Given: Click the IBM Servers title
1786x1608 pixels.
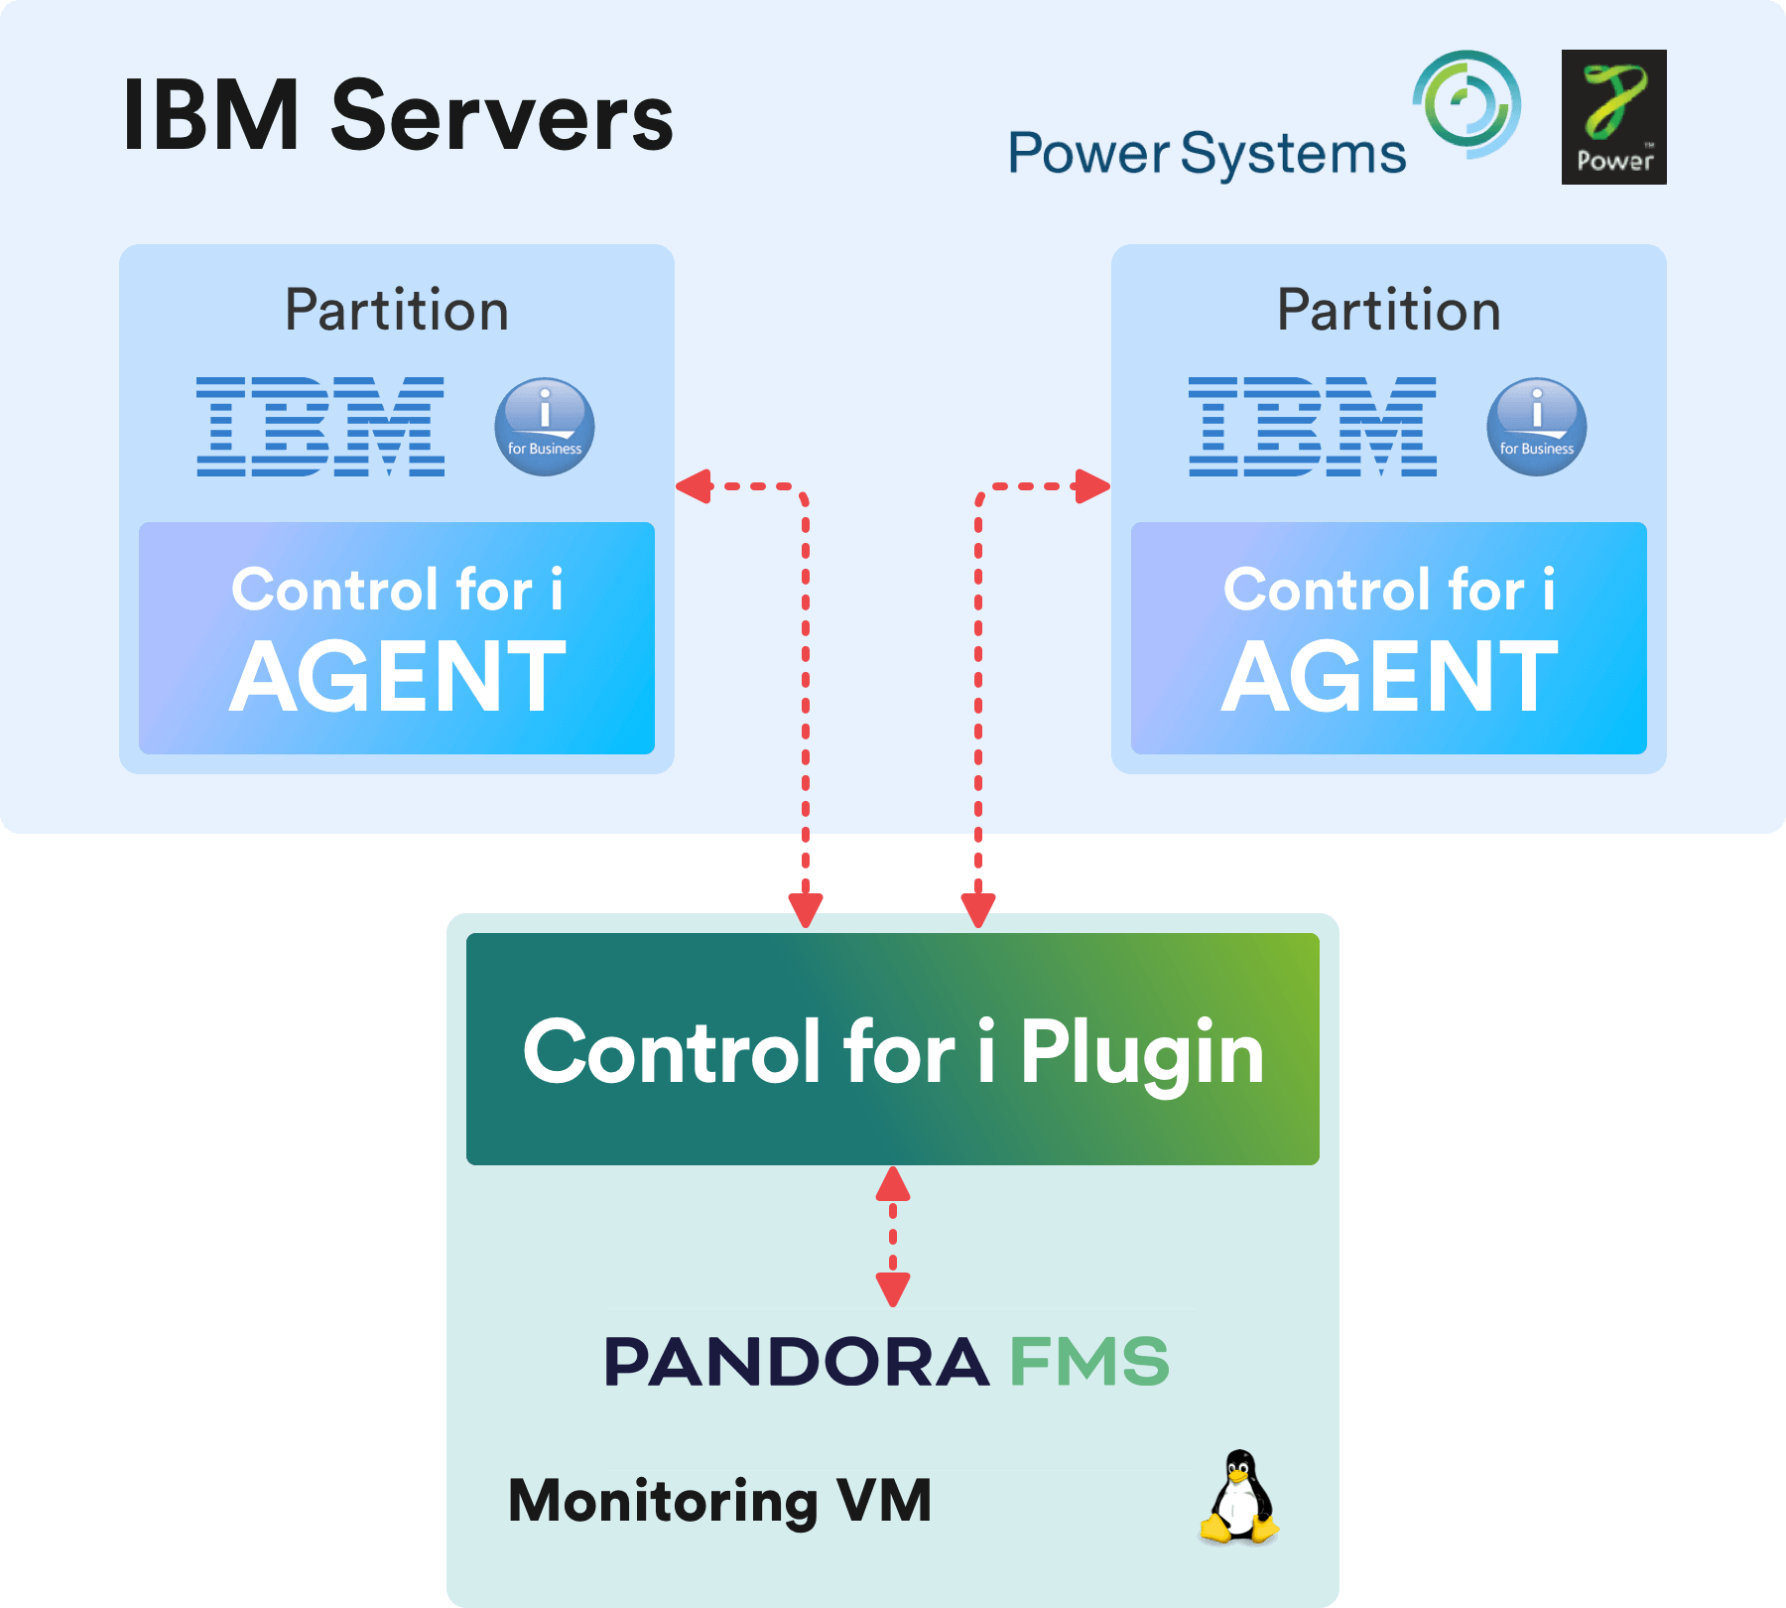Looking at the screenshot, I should pyautogui.click(x=397, y=117).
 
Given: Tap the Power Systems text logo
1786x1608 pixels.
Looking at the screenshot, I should pyautogui.click(x=1207, y=155).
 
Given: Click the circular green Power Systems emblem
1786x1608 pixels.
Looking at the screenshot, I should pyautogui.click(x=1467, y=104).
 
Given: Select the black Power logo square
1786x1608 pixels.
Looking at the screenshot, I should pyautogui.click(x=1613, y=117).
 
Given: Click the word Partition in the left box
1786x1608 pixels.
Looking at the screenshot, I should pyautogui.click(x=397, y=310).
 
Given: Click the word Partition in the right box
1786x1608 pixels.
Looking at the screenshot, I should pyautogui.click(x=1388, y=310).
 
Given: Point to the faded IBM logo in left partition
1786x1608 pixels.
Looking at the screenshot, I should pyautogui.click(x=319, y=426).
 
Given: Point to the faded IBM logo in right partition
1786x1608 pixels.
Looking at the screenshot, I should pyautogui.click(x=1312, y=426).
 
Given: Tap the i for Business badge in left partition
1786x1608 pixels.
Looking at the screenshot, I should pyautogui.click(x=545, y=427).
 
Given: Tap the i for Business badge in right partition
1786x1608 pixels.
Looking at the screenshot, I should pyautogui.click(x=1536, y=427).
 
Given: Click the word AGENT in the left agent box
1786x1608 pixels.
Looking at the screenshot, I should pyautogui.click(x=397, y=677).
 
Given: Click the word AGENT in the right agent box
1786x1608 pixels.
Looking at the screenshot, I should pyautogui.click(x=1389, y=677).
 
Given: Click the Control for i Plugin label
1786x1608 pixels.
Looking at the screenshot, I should pyautogui.click(x=893, y=1052).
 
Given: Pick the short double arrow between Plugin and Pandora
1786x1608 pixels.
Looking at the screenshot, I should pyautogui.click(x=892, y=1237).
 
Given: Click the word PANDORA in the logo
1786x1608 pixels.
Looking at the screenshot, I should pyautogui.click(x=796, y=1362).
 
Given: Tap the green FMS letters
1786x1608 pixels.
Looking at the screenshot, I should pyautogui.click(x=1089, y=1362).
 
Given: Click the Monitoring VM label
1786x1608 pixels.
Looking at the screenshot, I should pyautogui.click(x=719, y=1500).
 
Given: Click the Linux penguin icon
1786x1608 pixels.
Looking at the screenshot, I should pyautogui.click(x=1238, y=1498).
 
